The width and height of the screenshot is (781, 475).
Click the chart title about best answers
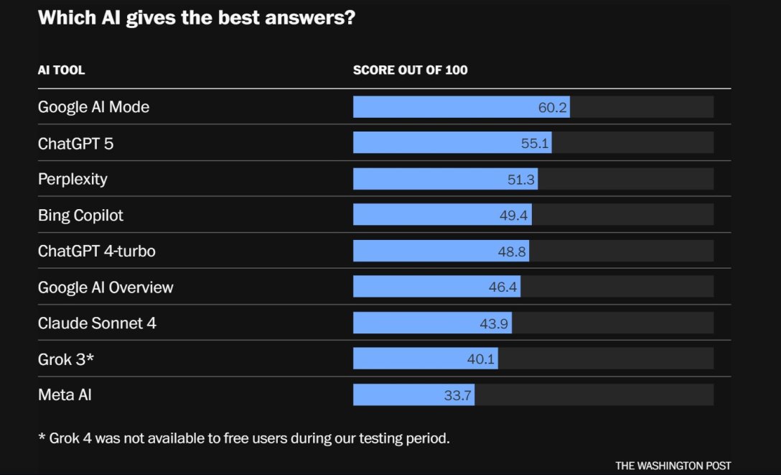tap(196, 18)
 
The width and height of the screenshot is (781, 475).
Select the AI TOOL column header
tap(61, 70)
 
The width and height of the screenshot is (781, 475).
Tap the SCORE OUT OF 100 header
tap(410, 70)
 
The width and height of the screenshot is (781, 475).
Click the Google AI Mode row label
tap(93, 107)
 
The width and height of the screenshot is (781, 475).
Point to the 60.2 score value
tap(553, 108)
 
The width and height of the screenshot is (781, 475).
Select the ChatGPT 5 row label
tap(75, 144)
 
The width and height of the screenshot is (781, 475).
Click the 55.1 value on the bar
tap(535, 144)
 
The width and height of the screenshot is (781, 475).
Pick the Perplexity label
tap(73, 179)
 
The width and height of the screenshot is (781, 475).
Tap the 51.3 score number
tap(521, 180)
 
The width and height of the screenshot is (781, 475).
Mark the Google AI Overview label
tap(106, 287)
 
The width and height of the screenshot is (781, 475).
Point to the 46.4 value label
tap(503, 287)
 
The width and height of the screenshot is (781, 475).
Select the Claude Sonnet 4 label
tap(97, 323)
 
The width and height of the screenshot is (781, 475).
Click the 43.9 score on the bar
tap(494, 323)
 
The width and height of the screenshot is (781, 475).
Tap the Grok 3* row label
tap(66, 359)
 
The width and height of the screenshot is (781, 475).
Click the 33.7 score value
tap(457, 395)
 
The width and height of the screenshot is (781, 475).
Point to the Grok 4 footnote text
tap(244, 438)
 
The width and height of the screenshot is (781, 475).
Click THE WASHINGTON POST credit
tap(673, 466)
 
